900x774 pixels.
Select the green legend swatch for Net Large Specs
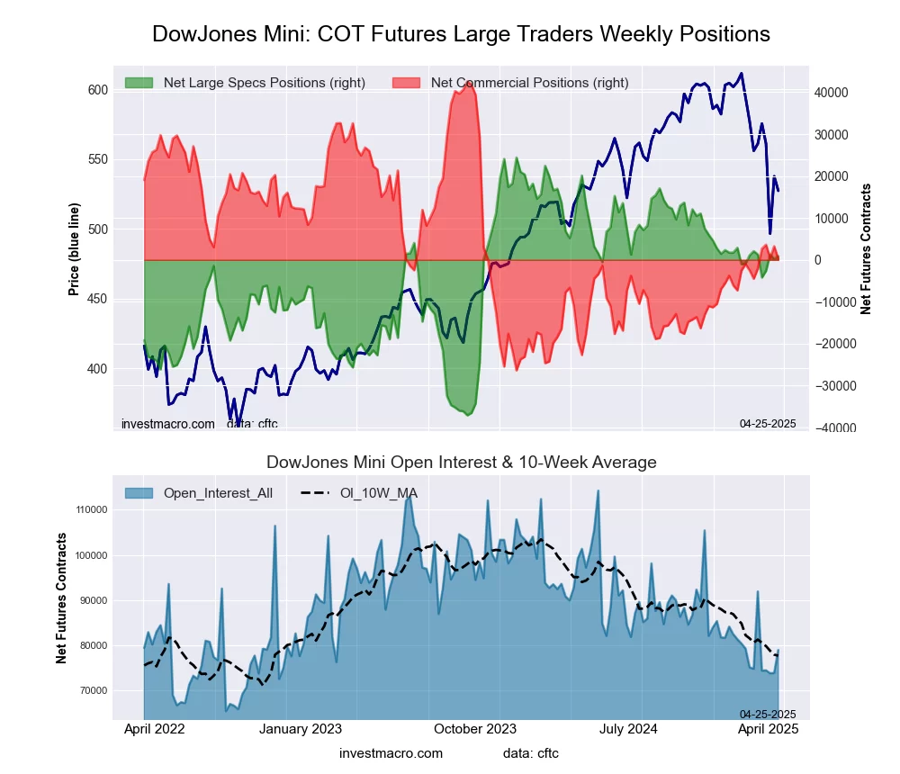point(139,83)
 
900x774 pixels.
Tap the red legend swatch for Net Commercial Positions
point(406,83)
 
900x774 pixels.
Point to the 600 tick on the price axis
point(98,89)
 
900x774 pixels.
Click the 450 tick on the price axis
point(98,299)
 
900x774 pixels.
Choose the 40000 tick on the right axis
point(833,93)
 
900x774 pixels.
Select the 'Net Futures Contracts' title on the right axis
point(867,248)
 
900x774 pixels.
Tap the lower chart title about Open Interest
point(461,463)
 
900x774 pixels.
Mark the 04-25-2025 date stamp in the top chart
point(767,423)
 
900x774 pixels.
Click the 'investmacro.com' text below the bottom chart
point(391,753)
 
